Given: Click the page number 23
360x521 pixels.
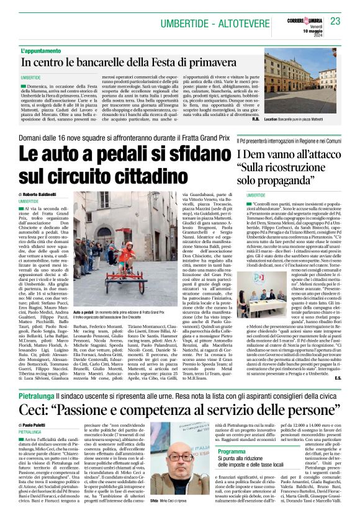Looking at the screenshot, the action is tap(336, 22).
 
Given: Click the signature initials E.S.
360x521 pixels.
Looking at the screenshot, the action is tap(338, 394).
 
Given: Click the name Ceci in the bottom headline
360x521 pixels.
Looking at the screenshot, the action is tap(35, 428).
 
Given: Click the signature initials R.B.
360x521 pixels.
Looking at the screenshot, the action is tap(256, 118).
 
